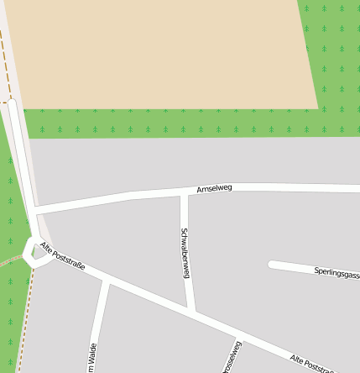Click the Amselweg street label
click(x=214, y=188)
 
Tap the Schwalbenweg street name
click(x=185, y=252)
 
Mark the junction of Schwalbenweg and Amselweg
click(x=185, y=193)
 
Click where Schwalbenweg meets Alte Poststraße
click(x=192, y=312)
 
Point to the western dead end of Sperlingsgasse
click(x=272, y=265)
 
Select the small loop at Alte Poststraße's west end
click(x=34, y=251)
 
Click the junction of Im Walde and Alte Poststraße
click(x=106, y=281)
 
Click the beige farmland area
click(x=159, y=50)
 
